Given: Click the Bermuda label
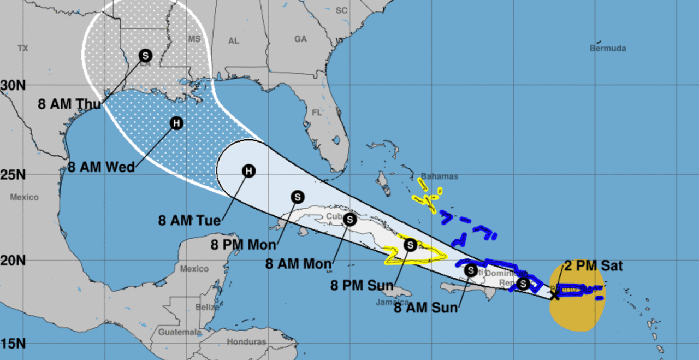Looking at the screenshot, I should pos(607,48).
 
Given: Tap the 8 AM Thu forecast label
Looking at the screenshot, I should pos(70,104).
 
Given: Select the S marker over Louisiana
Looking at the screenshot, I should pos(145,55).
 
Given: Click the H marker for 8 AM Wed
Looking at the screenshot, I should pos(176,123).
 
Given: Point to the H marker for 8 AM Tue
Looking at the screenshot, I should pos(248,172).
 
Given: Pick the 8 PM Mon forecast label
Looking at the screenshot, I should pos(244,244).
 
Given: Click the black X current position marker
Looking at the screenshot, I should pos(555,295).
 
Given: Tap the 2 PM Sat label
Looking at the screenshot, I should pos(593,267).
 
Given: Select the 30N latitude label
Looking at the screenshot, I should pos(13,85).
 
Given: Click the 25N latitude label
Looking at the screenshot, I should pos(13,175).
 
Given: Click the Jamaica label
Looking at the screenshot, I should pos(392,302).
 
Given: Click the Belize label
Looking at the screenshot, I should pos(207,307).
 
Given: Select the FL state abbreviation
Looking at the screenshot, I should pos(317,113).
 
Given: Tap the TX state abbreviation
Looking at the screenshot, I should pos(22,49).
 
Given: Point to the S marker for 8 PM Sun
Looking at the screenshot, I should pos(410,245).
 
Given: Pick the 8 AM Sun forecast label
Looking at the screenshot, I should pos(425,308).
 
